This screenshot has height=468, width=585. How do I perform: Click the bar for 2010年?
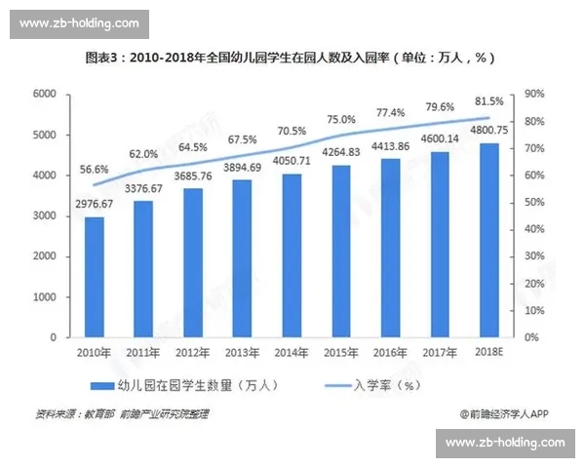(95, 277)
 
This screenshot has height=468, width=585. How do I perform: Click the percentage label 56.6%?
(95, 169)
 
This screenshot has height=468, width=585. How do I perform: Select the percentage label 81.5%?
(488, 100)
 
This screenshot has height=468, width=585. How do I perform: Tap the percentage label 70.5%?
(292, 131)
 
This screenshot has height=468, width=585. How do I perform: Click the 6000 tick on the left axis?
(45, 94)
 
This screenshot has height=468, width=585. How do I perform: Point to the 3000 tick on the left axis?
(45, 215)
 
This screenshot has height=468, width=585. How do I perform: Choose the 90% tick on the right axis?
(535, 94)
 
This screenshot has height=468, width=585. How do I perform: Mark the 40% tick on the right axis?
(535, 229)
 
